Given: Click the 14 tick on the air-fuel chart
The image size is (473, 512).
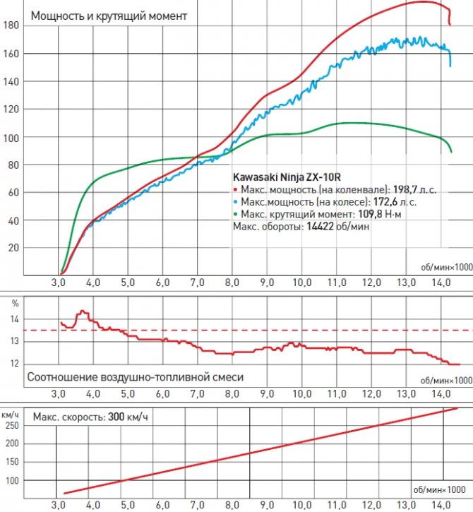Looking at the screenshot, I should coord(13,319).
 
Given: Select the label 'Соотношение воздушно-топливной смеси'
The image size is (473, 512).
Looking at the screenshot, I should coord(135,377).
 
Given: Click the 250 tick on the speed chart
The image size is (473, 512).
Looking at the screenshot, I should coord(12,425).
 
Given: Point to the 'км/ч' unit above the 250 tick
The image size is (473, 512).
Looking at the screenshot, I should coord(11,414).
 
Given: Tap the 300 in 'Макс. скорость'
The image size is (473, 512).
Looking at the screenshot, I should coord(118,417).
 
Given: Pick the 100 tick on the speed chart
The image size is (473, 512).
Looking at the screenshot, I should coord(12,481).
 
